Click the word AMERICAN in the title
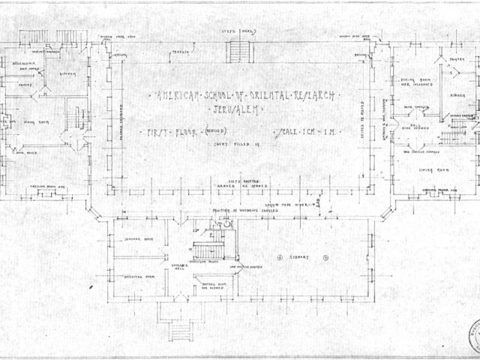pos(175,97)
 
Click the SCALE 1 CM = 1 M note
pos(307,132)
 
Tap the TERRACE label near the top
pos(180,52)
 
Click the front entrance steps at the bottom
pos(178,330)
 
